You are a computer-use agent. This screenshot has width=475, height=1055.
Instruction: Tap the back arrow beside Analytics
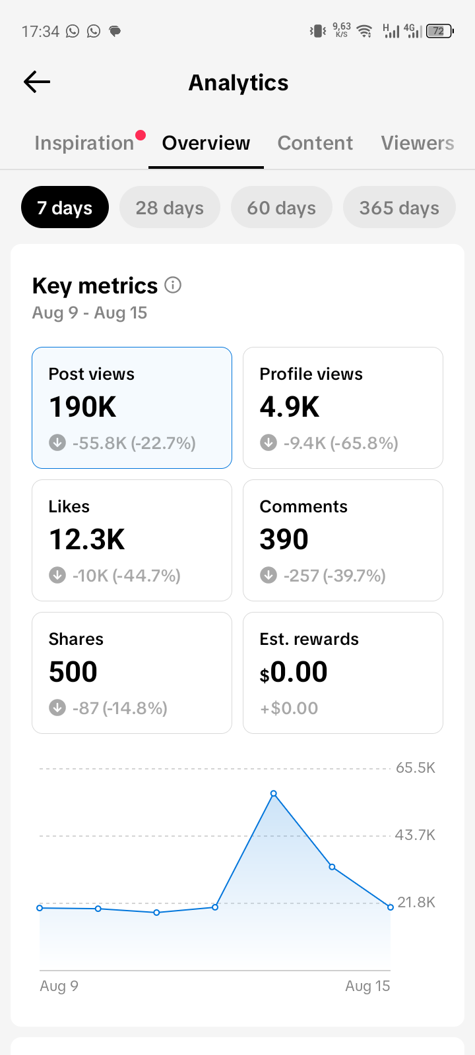(37, 82)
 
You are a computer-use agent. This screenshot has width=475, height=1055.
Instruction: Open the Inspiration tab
(84, 143)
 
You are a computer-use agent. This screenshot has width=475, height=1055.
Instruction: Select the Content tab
(315, 143)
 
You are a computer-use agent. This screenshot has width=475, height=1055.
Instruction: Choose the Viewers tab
(418, 143)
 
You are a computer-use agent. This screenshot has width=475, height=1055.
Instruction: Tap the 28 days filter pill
(170, 207)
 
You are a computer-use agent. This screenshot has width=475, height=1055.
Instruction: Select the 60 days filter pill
(281, 207)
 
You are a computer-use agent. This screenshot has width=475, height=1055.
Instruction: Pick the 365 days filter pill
(399, 207)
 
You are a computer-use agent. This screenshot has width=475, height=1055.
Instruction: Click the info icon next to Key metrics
(173, 285)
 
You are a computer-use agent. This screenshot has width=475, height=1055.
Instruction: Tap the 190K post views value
(82, 407)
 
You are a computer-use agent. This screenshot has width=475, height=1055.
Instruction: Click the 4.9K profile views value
(290, 407)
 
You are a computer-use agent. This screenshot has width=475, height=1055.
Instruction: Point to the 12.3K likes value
(86, 539)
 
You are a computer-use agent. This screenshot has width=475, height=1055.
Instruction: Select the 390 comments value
(284, 539)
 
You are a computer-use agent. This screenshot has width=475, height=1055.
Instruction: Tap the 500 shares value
(73, 672)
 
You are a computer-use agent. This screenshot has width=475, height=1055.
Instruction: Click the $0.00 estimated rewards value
(293, 672)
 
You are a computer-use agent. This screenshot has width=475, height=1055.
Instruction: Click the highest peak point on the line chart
(274, 794)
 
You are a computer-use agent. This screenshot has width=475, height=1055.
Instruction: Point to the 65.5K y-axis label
(415, 768)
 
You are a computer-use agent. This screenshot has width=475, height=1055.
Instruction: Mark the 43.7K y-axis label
(415, 835)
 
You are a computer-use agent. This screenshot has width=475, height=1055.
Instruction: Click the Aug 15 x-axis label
(367, 986)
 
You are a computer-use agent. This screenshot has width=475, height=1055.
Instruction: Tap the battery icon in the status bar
(439, 31)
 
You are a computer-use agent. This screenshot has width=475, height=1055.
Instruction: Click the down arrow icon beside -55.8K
(57, 442)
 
